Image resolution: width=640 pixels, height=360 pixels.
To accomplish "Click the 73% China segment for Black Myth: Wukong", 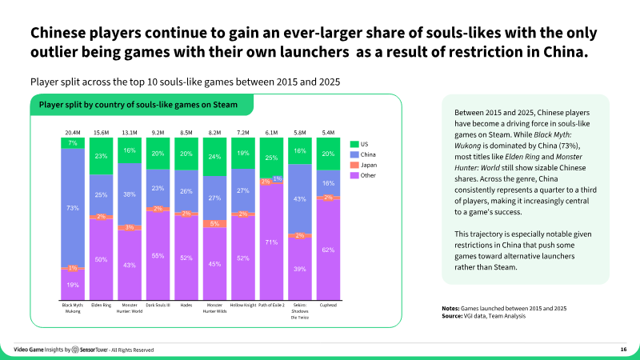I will click(x=73, y=207).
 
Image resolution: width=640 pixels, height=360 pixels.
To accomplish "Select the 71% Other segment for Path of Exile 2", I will click(x=272, y=242).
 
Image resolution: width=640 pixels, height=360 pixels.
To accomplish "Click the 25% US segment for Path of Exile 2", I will click(x=272, y=158).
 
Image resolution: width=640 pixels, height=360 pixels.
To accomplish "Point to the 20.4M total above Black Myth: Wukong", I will click(x=73, y=132).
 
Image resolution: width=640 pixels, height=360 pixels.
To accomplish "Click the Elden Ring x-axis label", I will click(x=102, y=305).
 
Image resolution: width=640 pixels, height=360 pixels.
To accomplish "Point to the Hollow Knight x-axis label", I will click(x=243, y=305).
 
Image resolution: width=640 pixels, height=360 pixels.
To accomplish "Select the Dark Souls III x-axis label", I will click(x=158, y=305).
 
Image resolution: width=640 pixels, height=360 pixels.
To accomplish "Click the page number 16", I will click(x=623, y=350).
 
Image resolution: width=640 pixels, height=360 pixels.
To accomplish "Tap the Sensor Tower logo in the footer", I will click(x=89, y=350).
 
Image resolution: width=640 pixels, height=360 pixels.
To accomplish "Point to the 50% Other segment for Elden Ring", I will click(x=102, y=259).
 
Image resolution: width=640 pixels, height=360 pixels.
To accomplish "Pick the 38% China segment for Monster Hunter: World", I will click(x=130, y=194).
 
